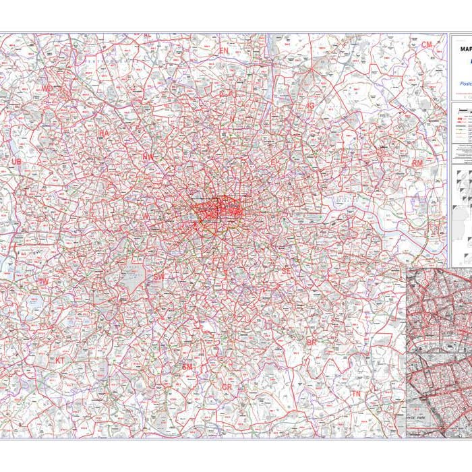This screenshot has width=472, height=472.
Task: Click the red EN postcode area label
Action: [224, 51]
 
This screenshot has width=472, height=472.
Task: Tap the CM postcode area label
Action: [426, 45]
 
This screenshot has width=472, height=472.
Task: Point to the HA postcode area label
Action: [104, 134]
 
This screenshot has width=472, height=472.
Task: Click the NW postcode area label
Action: [148, 156]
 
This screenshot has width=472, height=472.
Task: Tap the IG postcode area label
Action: [311, 106]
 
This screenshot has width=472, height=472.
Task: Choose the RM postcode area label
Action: [417, 163]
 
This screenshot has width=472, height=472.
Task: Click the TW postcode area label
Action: [44, 281]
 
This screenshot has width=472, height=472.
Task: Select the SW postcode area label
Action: [158, 276]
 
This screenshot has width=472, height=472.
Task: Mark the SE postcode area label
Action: [286, 270]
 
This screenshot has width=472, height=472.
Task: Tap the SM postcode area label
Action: [187, 366]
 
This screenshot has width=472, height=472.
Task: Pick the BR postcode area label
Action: [312, 343]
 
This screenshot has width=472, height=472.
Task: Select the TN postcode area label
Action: [355, 393]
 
